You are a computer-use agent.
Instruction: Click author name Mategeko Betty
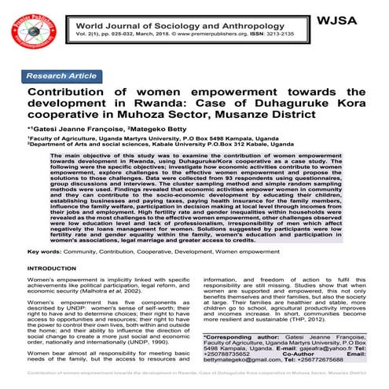point(163,130)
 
